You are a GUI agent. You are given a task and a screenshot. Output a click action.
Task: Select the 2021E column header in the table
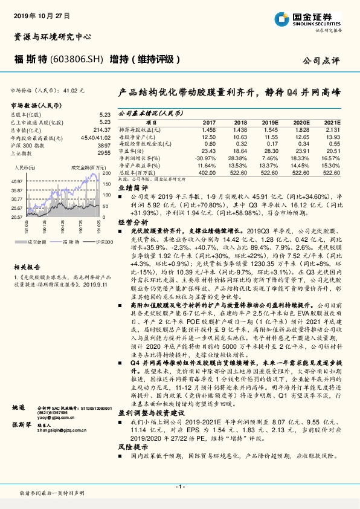[332, 122]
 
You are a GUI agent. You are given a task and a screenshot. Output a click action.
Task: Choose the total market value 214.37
[102, 129]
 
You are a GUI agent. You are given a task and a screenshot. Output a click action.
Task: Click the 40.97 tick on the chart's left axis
[17, 181]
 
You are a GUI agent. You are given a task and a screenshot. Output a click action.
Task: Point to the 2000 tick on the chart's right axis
[107, 172]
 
